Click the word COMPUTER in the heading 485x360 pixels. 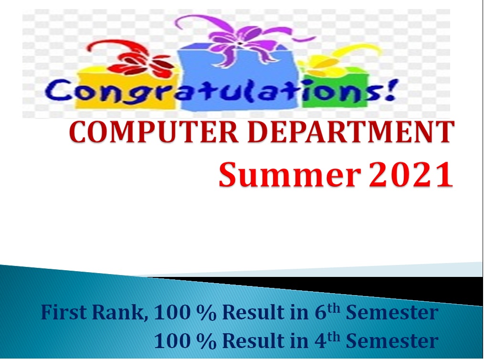pyautogui.click(x=154, y=132)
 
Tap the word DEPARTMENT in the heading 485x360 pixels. pyautogui.click(x=351, y=132)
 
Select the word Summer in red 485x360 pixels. pyautogui.click(x=290, y=174)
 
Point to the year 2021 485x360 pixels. pyautogui.click(x=411, y=174)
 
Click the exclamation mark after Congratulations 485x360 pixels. pyautogui.click(x=390, y=90)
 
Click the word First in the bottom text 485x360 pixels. pyautogui.click(x=63, y=312)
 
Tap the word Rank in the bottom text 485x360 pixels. pyautogui.click(x=118, y=313)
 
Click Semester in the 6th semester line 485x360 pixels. pyautogui.click(x=392, y=312)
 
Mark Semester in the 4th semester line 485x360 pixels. pyautogui.click(x=392, y=341)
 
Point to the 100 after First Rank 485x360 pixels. pyautogui.click(x=172, y=312)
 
